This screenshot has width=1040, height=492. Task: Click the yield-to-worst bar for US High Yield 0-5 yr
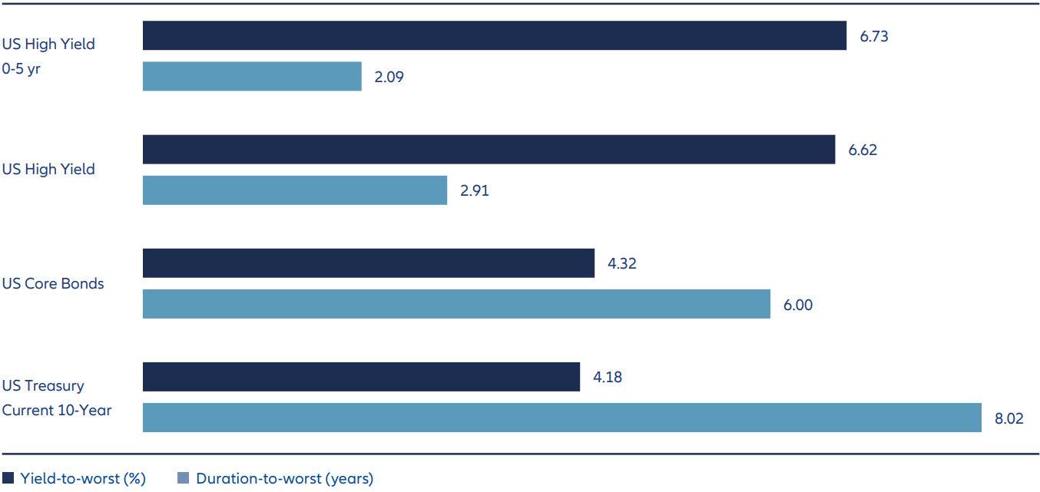494,36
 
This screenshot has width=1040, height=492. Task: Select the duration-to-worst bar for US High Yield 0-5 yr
252,77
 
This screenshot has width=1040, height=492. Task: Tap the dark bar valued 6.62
489,150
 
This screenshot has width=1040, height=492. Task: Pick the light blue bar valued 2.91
295,190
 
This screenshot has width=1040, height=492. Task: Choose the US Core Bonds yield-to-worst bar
369,263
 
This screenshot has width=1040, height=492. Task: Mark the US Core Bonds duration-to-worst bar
456,304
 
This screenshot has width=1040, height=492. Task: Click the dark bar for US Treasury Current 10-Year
361,377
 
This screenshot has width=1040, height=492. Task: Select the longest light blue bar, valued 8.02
561,418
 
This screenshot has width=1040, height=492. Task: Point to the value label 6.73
874,36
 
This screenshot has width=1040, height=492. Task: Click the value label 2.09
389,77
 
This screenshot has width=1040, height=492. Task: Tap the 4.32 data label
622,263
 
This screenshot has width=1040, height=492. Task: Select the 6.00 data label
798,304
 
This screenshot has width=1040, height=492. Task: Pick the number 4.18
608,377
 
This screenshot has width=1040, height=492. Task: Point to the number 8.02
1009,418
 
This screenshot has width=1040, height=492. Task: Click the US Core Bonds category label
53,283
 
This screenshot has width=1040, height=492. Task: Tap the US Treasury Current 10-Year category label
56,398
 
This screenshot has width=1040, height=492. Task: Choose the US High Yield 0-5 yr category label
48,56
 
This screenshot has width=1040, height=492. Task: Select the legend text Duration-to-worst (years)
284,479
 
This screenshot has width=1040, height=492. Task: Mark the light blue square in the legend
183,479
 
